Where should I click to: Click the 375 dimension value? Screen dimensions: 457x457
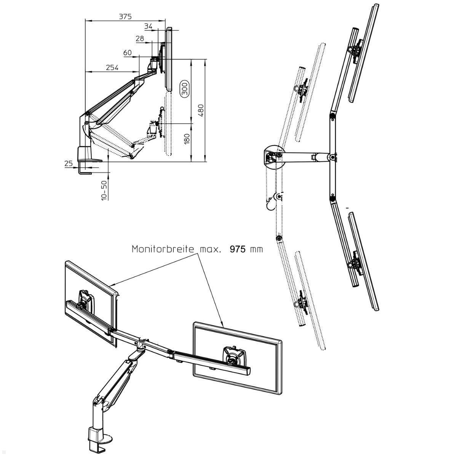(x=125, y=16)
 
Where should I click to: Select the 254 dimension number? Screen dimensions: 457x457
(x=112, y=67)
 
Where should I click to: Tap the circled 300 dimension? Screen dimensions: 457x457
(x=184, y=90)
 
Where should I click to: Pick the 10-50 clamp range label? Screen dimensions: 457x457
(x=104, y=190)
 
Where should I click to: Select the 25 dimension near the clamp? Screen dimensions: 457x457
(x=68, y=164)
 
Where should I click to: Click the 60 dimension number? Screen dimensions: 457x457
(x=127, y=53)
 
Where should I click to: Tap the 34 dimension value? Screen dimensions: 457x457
(x=149, y=26)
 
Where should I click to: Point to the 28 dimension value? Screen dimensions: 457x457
(x=140, y=38)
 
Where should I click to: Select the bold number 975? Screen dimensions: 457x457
(x=238, y=249)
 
